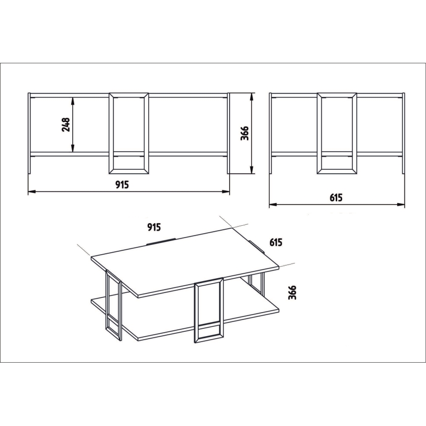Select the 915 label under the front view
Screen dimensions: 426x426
122,185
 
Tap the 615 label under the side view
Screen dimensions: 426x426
336,198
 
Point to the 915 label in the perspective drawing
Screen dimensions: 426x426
154,227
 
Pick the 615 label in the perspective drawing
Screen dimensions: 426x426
276,241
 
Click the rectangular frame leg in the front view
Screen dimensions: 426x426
128,133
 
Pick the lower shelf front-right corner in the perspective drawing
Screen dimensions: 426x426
278,308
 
